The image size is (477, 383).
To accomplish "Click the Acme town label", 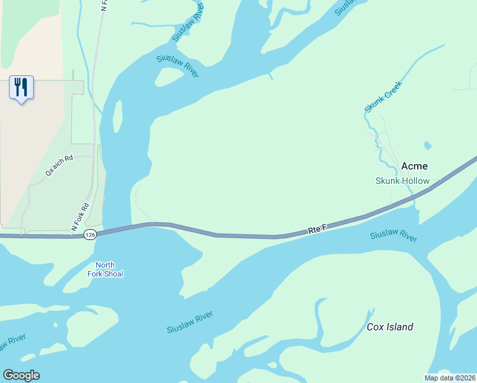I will click(415, 167).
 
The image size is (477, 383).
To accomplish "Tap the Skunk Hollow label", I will click(402, 181).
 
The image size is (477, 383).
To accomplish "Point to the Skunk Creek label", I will click(384, 96).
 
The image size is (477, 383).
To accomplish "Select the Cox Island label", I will click(390, 327).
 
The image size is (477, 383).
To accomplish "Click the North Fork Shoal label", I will click(105, 269).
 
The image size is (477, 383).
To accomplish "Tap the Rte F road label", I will click(317, 229).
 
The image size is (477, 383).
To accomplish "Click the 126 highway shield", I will click(90, 235).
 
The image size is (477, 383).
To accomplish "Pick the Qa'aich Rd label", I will click(59, 165).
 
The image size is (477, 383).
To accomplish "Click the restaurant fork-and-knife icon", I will click(21, 87).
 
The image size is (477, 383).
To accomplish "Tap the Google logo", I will click(21, 375).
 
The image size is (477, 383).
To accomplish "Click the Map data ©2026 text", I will click(449, 378).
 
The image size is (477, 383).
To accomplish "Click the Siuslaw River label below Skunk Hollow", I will click(393, 236).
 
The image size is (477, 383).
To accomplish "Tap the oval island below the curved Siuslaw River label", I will click(169, 76).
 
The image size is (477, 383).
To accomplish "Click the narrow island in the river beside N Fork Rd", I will click(117, 116).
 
